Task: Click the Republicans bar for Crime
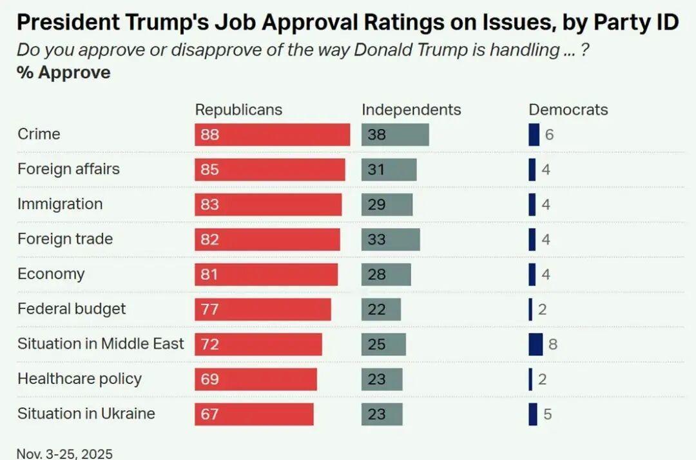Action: (x=272, y=135)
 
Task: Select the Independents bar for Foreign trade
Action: (x=391, y=239)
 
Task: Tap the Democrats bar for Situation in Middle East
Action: (x=536, y=344)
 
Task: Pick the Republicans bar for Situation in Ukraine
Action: (x=254, y=414)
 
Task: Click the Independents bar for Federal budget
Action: (x=381, y=309)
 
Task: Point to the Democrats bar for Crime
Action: (x=534, y=135)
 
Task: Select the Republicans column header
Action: (x=238, y=110)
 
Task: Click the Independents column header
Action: (x=411, y=110)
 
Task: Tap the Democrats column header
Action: (x=568, y=110)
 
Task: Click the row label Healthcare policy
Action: (x=79, y=379)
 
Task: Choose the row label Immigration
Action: (x=60, y=204)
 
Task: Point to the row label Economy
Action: (x=51, y=274)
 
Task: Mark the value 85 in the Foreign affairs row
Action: (x=210, y=170)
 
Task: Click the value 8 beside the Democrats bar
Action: (x=553, y=344)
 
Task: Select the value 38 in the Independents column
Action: (x=377, y=135)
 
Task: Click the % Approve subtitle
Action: (x=64, y=72)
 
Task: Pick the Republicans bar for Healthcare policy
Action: (x=256, y=379)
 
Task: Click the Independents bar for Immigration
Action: (x=387, y=205)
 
